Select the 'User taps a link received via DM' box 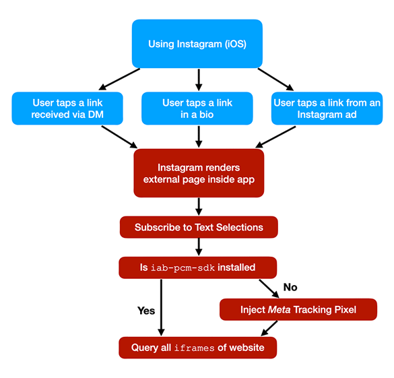pyautogui.click(x=67, y=108)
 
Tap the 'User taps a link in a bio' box pyautogui.click(x=197, y=108)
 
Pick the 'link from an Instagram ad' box pyautogui.click(x=327, y=108)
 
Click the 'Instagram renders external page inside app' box pyautogui.click(x=198, y=173)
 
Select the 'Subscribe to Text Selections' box pyautogui.click(x=198, y=227)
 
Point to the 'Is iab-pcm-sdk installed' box pyautogui.click(x=197, y=267)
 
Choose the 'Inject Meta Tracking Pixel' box pyautogui.click(x=298, y=309)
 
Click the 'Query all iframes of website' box pyautogui.click(x=197, y=347)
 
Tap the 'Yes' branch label pyautogui.click(x=146, y=311)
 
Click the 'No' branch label pyautogui.click(x=290, y=287)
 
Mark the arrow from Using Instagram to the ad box pyautogui.click(x=276, y=79)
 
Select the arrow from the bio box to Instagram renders pyautogui.click(x=198, y=136)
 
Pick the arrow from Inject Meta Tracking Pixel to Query pyautogui.click(x=269, y=328)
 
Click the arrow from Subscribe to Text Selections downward pyautogui.click(x=198, y=247)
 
